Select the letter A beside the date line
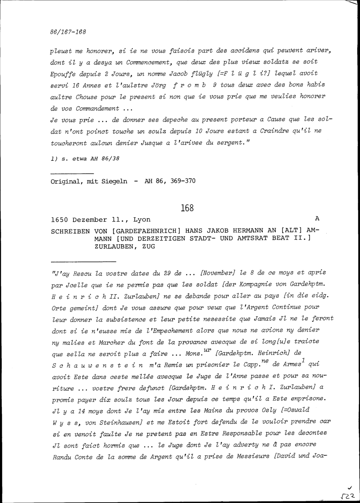317,218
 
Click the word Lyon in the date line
142,220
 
